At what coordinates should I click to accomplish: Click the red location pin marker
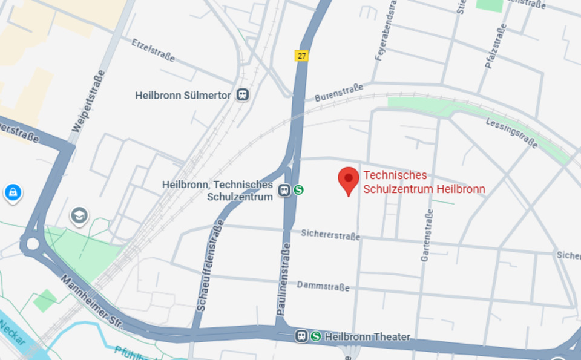pyautogui.click(x=348, y=180)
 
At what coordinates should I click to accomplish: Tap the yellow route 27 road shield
pyautogui.click(x=301, y=56)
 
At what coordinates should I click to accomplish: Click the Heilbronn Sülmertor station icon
pyautogui.click(x=243, y=95)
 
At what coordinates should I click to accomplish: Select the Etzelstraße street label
pyautogui.click(x=153, y=50)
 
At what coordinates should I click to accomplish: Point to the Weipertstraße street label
pyautogui.click(x=88, y=101)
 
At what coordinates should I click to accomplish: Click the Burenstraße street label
pyautogui.click(x=338, y=93)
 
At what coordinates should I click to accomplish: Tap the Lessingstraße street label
pyautogui.click(x=511, y=133)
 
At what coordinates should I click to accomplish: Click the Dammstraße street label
pyautogui.click(x=323, y=286)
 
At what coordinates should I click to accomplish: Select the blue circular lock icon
pyautogui.click(x=12, y=192)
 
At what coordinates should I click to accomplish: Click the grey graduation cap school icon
pyautogui.click(x=79, y=215)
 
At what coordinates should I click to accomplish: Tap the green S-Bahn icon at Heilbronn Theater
pyautogui.click(x=315, y=336)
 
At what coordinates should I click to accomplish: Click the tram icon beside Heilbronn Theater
pyautogui.click(x=301, y=336)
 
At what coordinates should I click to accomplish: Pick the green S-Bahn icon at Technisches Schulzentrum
pyautogui.click(x=298, y=190)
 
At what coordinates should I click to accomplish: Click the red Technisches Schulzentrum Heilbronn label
pyautogui.click(x=424, y=182)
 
